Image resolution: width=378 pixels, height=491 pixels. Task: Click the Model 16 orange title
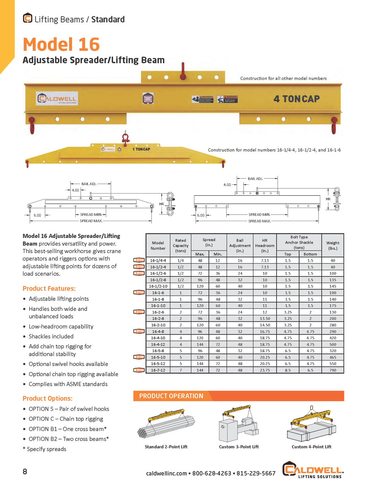tap(61, 45)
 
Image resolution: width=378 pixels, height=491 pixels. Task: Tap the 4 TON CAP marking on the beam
tap(296, 99)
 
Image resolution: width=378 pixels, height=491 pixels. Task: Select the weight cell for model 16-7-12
tap(332, 370)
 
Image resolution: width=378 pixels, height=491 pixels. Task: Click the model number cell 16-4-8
tap(158, 332)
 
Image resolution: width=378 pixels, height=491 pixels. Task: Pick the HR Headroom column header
tap(265, 245)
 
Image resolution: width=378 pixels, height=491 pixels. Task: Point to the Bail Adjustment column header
tap(240, 245)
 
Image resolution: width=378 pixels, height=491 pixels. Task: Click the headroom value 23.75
tap(265, 370)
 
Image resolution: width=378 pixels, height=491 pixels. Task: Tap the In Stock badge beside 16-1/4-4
tap(139, 260)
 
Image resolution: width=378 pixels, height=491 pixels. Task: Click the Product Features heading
tap(49, 288)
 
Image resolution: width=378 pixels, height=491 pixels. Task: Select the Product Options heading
tap(47, 399)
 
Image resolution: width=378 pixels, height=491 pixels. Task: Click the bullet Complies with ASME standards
tap(68, 384)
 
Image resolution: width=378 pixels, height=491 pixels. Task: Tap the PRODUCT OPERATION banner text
tap(171, 396)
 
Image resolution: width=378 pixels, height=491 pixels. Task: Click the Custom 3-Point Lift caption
tap(239, 447)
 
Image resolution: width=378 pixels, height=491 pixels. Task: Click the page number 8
tap(25, 472)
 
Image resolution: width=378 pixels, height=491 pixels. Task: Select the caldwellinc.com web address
tap(166, 473)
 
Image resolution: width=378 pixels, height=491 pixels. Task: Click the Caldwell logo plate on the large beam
tap(57, 99)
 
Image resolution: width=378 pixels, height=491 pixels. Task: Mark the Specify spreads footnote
tap(45, 449)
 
